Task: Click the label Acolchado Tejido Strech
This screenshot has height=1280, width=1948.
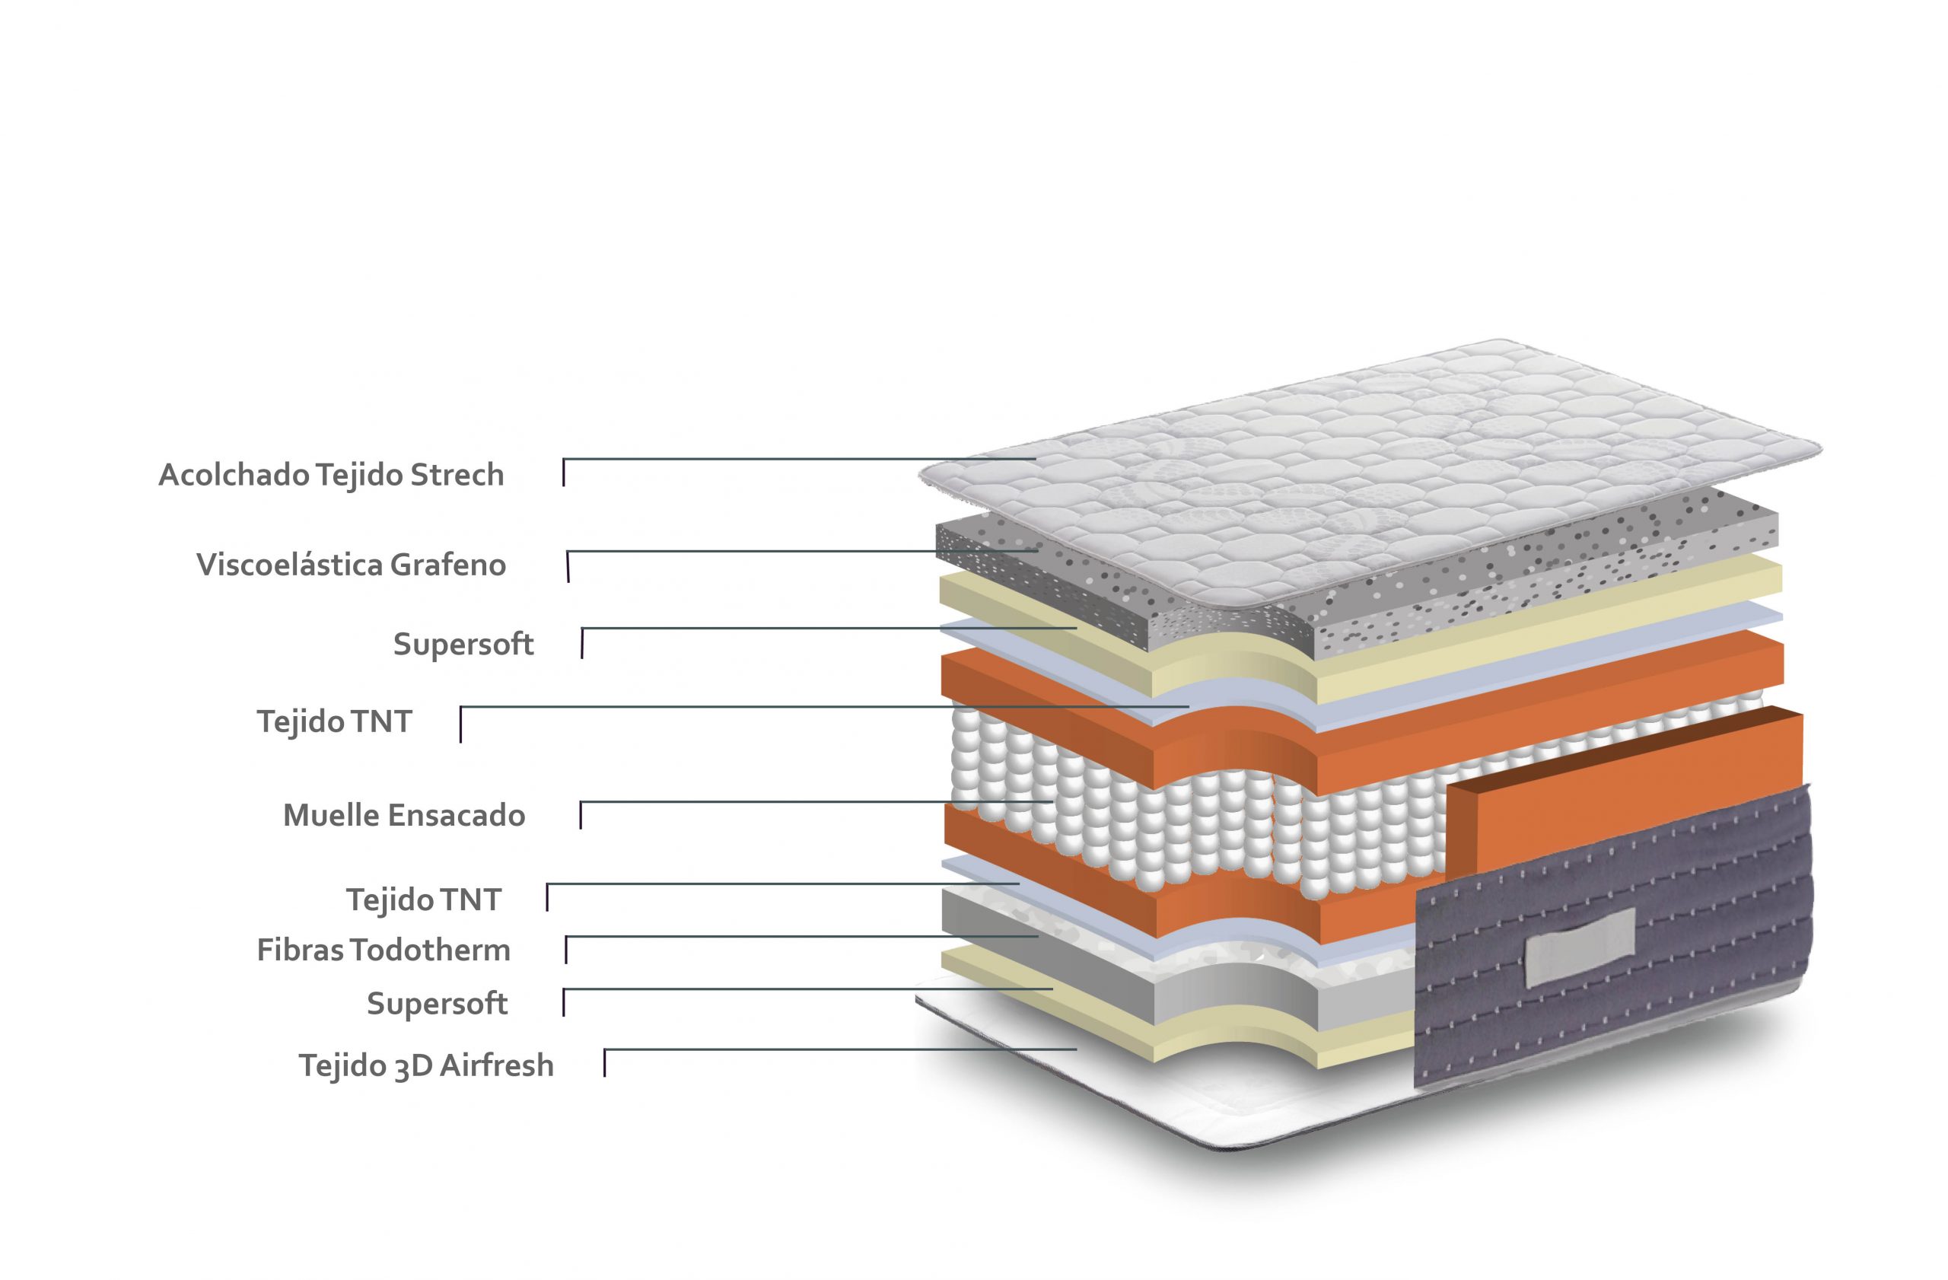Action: pos(331,475)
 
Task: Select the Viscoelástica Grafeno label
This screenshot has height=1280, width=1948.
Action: pos(351,565)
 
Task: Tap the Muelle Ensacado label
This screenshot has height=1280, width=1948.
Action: pos(404,815)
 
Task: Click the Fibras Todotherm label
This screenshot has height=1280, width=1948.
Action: pos(384,950)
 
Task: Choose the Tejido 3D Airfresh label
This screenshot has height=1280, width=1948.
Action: pos(426,1065)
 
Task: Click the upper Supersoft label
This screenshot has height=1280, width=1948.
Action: pos(463,644)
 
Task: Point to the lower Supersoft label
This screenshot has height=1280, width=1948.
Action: pos(437,1003)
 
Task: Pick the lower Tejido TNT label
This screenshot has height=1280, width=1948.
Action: pos(424,900)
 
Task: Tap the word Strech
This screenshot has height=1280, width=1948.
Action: pos(457,475)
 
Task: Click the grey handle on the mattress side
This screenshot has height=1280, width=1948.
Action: pos(1580,946)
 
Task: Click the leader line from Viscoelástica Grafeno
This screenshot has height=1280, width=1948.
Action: pos(802,552)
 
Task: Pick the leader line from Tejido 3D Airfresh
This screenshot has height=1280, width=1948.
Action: pos(840,1049)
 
